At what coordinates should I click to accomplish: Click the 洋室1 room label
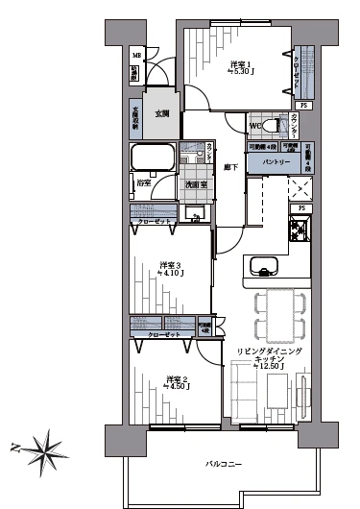coord(240,64)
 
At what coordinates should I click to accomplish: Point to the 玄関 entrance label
coord(161,113)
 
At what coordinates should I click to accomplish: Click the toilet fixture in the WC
coord(272,126)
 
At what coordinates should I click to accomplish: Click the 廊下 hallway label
coord(230,167)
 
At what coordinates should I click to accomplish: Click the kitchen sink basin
coord(261,266)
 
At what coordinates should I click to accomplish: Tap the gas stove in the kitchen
coord(298,230)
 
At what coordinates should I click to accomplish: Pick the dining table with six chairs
coord(279,317)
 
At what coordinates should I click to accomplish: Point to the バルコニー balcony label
coord(223,464)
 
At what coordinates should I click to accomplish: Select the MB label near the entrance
coord(135,55)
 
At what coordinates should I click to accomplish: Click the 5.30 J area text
coord(240,72)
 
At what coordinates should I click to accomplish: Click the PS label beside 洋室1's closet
coord(304,105)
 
